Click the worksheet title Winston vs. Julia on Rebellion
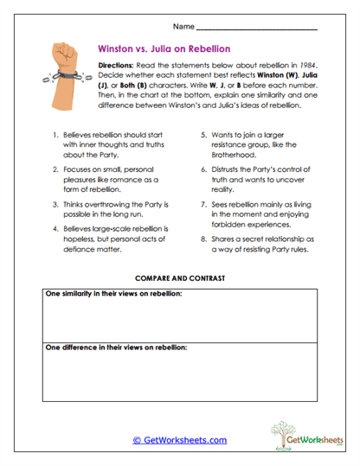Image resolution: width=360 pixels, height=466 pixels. point(164,49)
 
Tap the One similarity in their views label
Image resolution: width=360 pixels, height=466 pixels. point(113,295)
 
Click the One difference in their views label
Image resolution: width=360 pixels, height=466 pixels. point(115,347)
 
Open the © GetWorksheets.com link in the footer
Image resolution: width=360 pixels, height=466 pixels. point(179,439)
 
